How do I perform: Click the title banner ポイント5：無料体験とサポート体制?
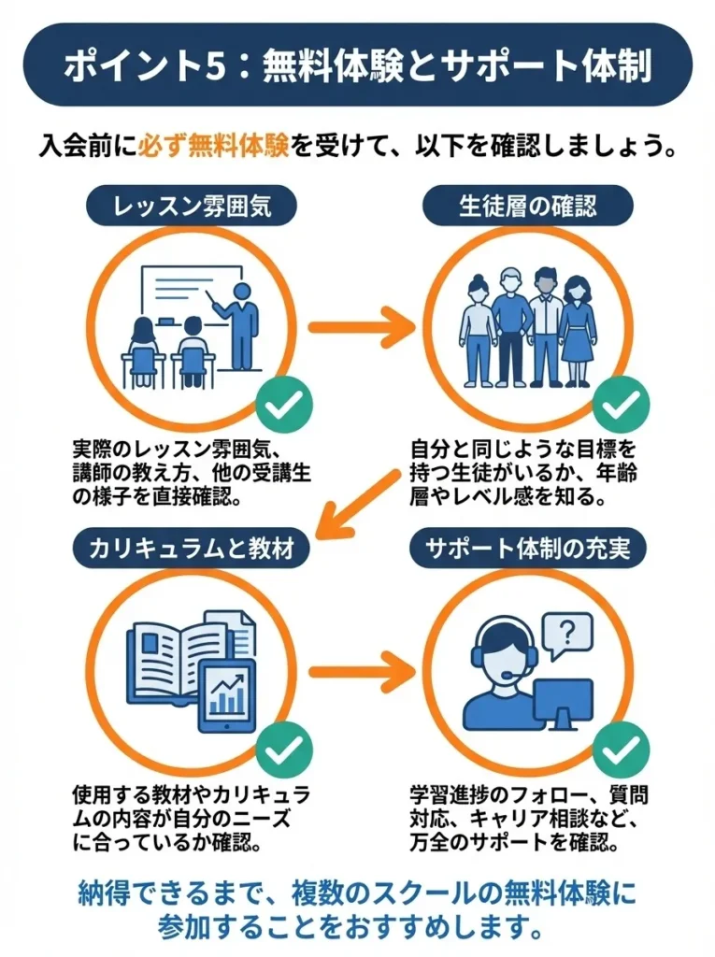[x=357, y=65]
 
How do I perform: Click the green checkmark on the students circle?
[x=622, y=405]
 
